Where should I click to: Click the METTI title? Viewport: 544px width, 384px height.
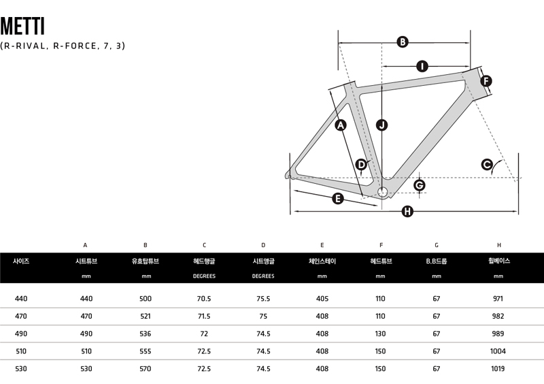pyautogui.click(x=22, y=26)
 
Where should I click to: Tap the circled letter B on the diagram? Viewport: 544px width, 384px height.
pyautogui.click(x=402, y=42)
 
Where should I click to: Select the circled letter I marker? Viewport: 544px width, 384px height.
pyautogui.click(x=422, y=66)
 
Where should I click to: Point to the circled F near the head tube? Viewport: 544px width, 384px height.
pyautogui.click(x=486, y=82)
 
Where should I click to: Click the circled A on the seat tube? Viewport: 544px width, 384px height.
pyautogui.click(x=341, y=125)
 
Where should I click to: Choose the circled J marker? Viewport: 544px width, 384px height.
pyautogui.click(x=382, y=125)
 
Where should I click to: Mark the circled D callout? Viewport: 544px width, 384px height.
pyautogui.click(x=361, y=164)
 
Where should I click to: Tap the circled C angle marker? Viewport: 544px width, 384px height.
pyautogui.click(x=487, y=163)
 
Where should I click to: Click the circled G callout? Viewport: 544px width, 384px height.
pyautogui.click(x=419, y=185)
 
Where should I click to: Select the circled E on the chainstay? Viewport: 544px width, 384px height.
pyautogui.click(x=337, y=199)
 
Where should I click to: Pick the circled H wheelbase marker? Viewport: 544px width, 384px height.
pyautogui.click(x=407, y=212)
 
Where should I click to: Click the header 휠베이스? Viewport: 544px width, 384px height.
pyautogui.click(x=498, y=261)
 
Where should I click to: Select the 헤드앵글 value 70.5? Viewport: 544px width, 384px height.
pyautogui.click(x=204, y=299)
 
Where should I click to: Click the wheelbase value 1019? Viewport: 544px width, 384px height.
pyautogui.click(x=498, y=368)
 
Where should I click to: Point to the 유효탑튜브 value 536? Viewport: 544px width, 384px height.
pyautogui.click(x=146, y=334)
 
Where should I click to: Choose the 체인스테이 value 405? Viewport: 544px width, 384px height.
pyautogui.click(x=322, y=299)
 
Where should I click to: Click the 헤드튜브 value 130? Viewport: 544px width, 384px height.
pyautogui.click(x=381, y=334)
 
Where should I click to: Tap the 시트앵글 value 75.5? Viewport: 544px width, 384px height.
pyautogui.click(x=263, y=299)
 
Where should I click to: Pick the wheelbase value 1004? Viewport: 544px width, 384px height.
pyautogui.click(x=498, y=351)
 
